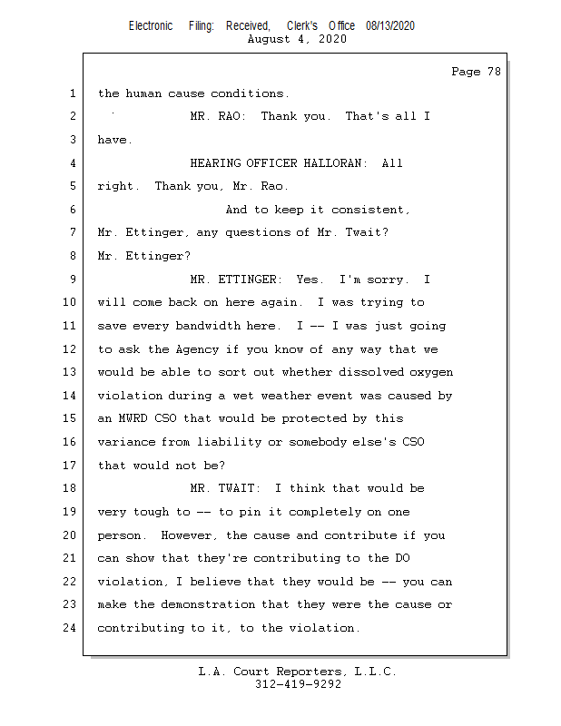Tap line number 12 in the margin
pyautogui.click(x=71, y=349)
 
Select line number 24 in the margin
pyautogui.click(x=71, y=628)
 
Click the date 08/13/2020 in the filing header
pyautogui.click(x=390, y=26)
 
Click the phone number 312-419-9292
pyautogui.click(x=299, y=685)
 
